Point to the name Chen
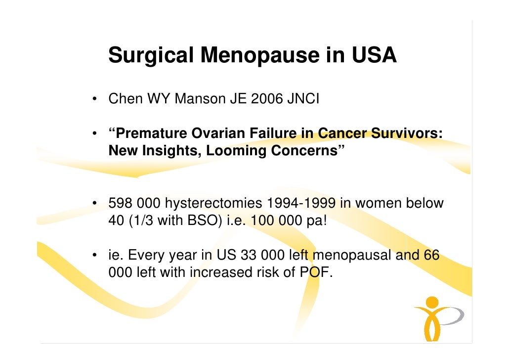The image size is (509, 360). click(125, 99)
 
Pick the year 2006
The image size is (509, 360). click(266, 99)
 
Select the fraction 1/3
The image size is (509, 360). click(140, 220)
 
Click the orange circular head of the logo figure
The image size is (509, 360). click(432, 302)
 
